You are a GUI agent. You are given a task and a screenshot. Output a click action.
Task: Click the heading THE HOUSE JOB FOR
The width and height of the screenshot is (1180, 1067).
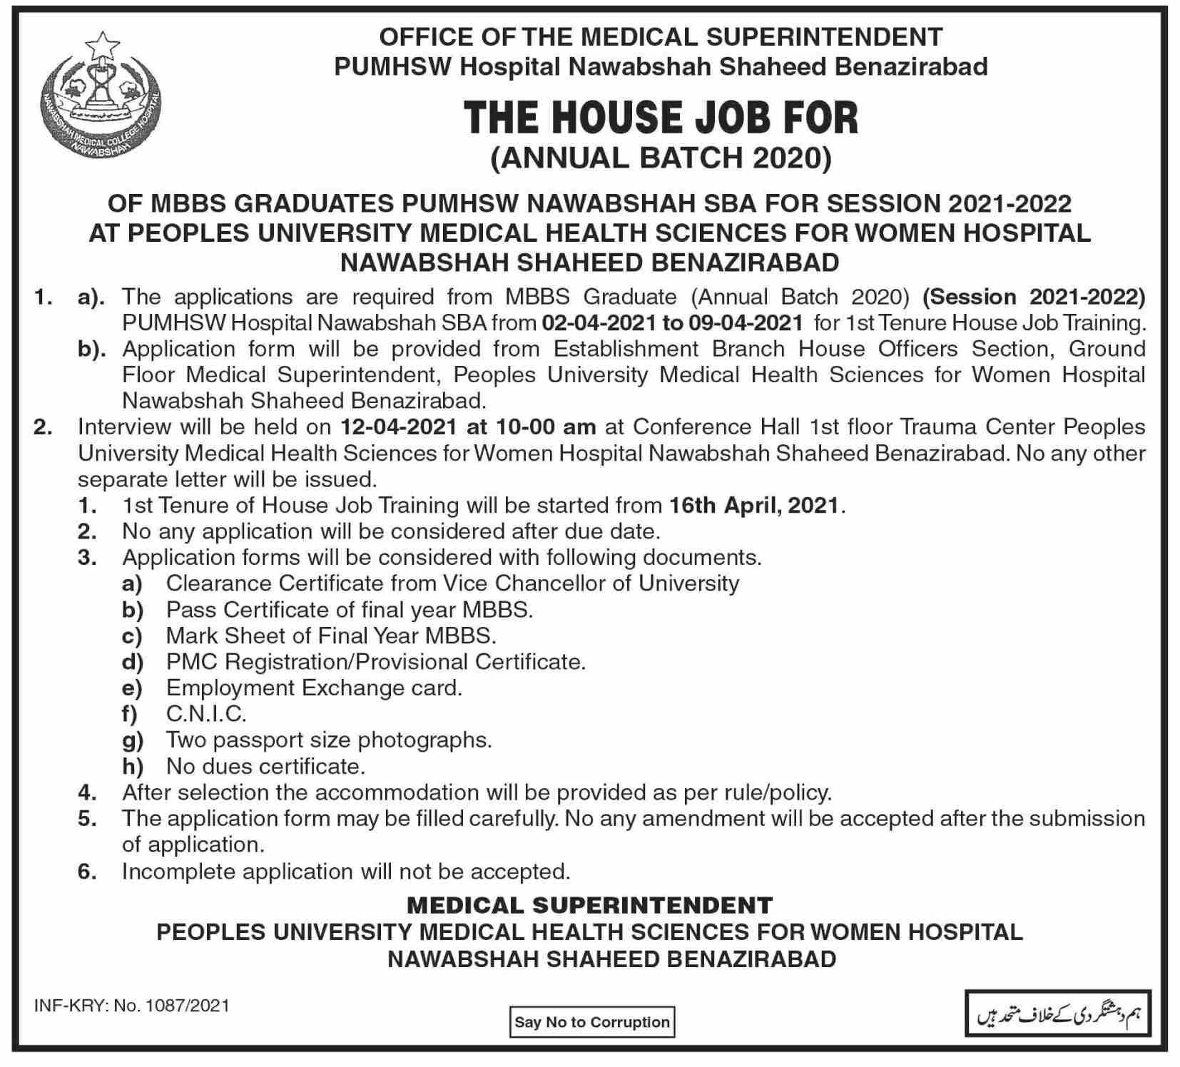click(x=661, y=118)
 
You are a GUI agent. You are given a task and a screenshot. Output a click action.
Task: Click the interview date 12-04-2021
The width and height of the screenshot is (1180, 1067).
click(x=398, y=427)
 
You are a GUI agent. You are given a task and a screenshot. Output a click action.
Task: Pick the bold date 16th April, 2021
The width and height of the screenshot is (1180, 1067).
click(x=756, y=506)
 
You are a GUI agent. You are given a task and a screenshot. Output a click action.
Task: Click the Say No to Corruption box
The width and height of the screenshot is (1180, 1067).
click(x=591, y=1022)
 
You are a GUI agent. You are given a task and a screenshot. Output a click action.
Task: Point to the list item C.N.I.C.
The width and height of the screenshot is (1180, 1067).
click(x=206, y=714)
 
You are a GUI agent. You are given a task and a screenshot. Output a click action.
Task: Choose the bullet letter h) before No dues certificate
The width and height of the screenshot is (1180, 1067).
click(x=133, y=767)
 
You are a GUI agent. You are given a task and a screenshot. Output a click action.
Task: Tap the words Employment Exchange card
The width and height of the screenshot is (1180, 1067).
click(x=314, y=688)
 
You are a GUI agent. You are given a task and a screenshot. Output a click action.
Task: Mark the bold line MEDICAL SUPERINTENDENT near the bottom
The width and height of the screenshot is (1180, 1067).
click(x=589, y=906)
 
